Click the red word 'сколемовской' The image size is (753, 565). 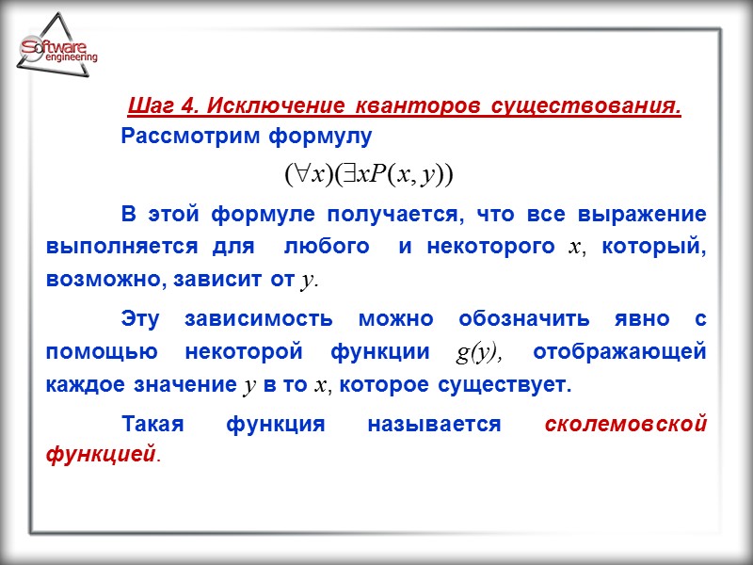point(626,425)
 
